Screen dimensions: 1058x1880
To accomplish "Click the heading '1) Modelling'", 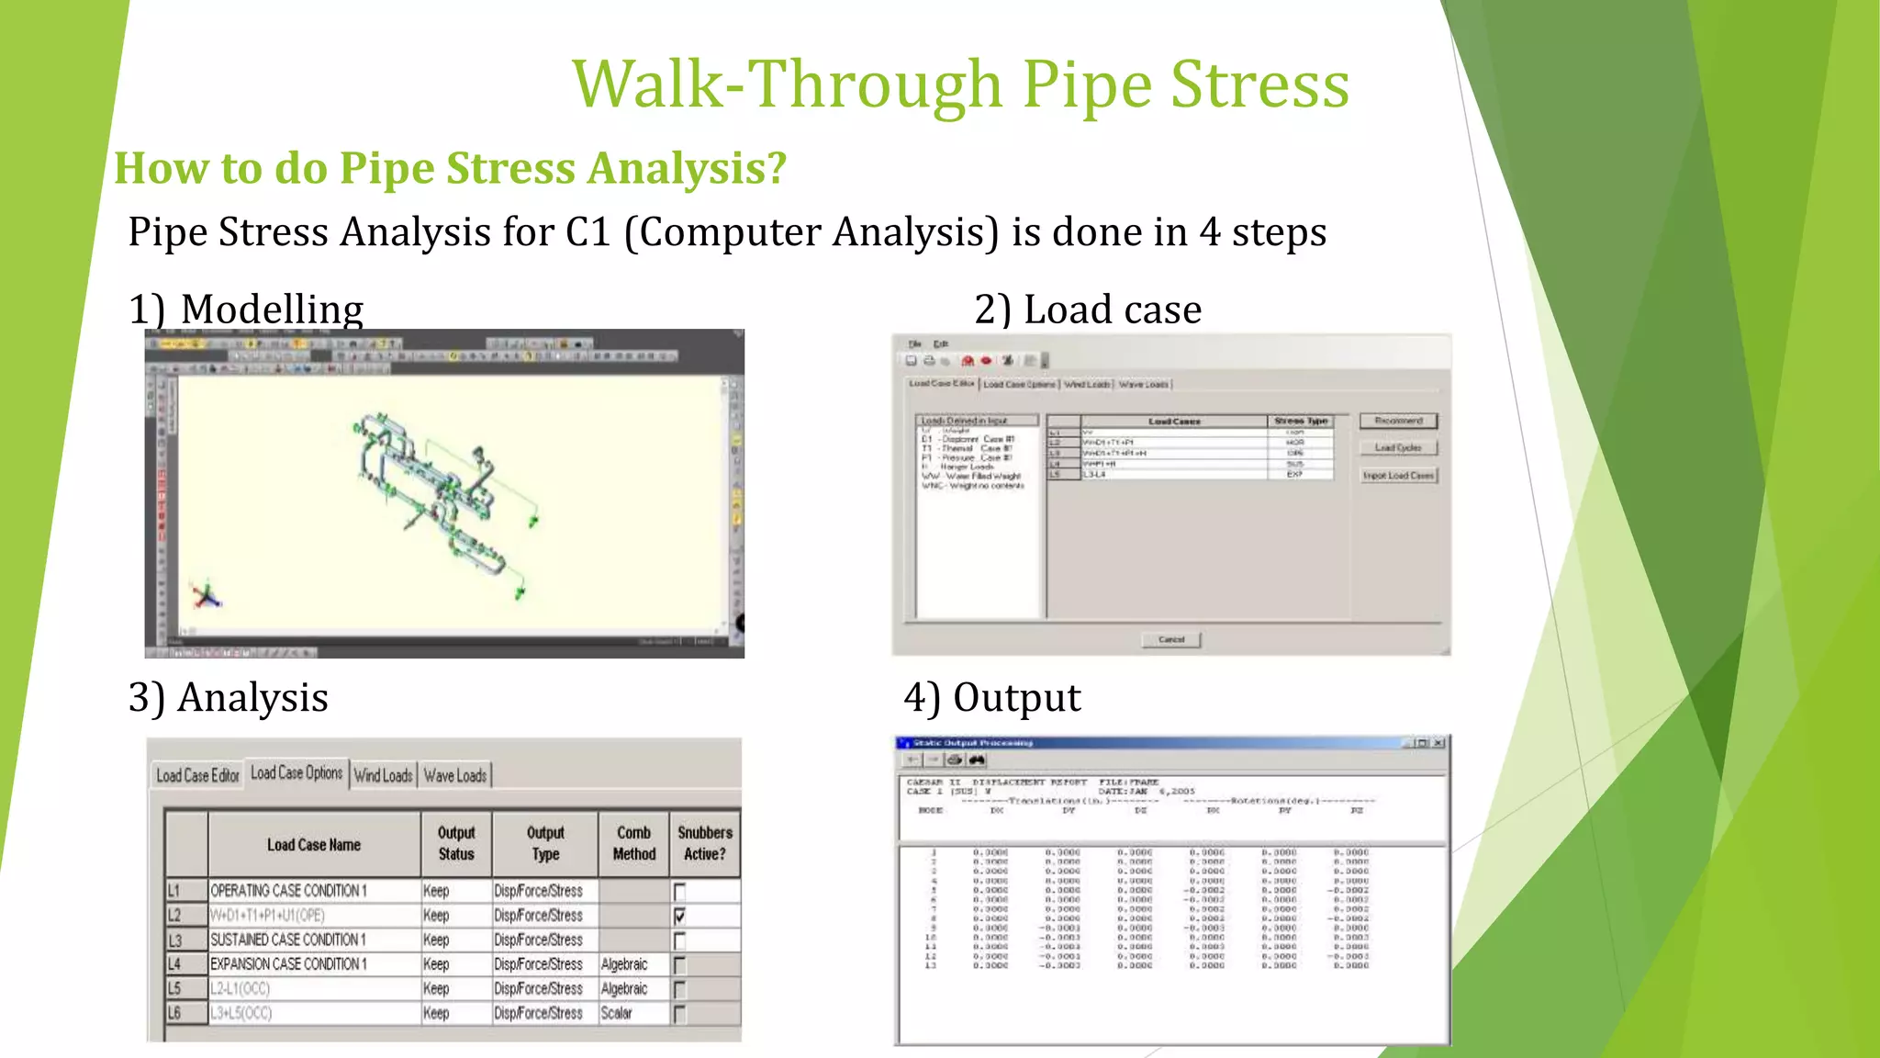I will (x=246, y=310).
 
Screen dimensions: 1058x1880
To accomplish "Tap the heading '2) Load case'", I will (x=1088, y=310).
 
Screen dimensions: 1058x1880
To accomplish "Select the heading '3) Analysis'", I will (x=229, y=698).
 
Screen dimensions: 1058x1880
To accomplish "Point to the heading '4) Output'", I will (x=992, y=698).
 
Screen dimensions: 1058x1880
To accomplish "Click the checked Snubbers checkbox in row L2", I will (x=679, y=916).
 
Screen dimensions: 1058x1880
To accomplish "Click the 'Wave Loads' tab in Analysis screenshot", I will (x=455, y=776).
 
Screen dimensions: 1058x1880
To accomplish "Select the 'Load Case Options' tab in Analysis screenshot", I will (x=297, y=773).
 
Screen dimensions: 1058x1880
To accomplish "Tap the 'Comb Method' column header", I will (x=633, y=843).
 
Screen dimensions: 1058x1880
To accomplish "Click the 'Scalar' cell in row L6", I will (x=617, y=1013).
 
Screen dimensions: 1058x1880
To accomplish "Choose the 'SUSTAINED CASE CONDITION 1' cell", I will (x=288, y=940).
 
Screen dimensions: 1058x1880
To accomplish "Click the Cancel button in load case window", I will (x=1171, y=639).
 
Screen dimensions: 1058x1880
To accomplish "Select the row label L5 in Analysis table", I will (x=174, y=989).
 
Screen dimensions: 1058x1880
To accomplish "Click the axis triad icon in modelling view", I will (x=207, y=597).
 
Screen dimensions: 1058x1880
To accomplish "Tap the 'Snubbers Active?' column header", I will (x=704, y=843).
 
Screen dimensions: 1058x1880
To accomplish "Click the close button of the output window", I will (x=1438, y=743).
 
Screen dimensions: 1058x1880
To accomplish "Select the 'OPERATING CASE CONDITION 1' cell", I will (x=289, y=891).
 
